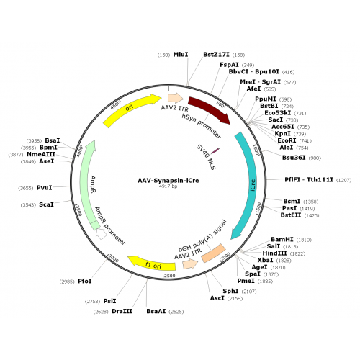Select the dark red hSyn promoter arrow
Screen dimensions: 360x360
click(x=210, y=108)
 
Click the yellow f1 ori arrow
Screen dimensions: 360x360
click(x=153, y=264)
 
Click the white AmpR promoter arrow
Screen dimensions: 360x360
click(x=102, y=234)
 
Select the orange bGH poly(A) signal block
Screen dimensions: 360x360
click(x=214, y=253)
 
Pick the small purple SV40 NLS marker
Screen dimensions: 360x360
click(x=215, y=150)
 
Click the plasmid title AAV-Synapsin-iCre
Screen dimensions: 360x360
click(x=168, y=181)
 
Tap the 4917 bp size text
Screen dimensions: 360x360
click(x=168, y=186)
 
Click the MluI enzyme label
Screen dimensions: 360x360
click(x=181, y=55)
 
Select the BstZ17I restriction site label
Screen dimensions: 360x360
click(x=216, y=55)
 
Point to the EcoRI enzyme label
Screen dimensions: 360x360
click(x=287, y=140)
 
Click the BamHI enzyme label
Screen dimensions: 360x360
click(x=282, y=239)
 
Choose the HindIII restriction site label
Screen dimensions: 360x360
click(x=274, y=253)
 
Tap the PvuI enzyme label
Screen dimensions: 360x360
click(x=45, y=188)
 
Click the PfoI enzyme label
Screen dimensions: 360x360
click(x=85, y=281)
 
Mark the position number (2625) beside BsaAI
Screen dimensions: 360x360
click(x=176, y=312)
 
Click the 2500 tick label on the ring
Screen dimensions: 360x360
click(x=170, y=276)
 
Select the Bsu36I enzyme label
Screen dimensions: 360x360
click(x=294, y=158)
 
